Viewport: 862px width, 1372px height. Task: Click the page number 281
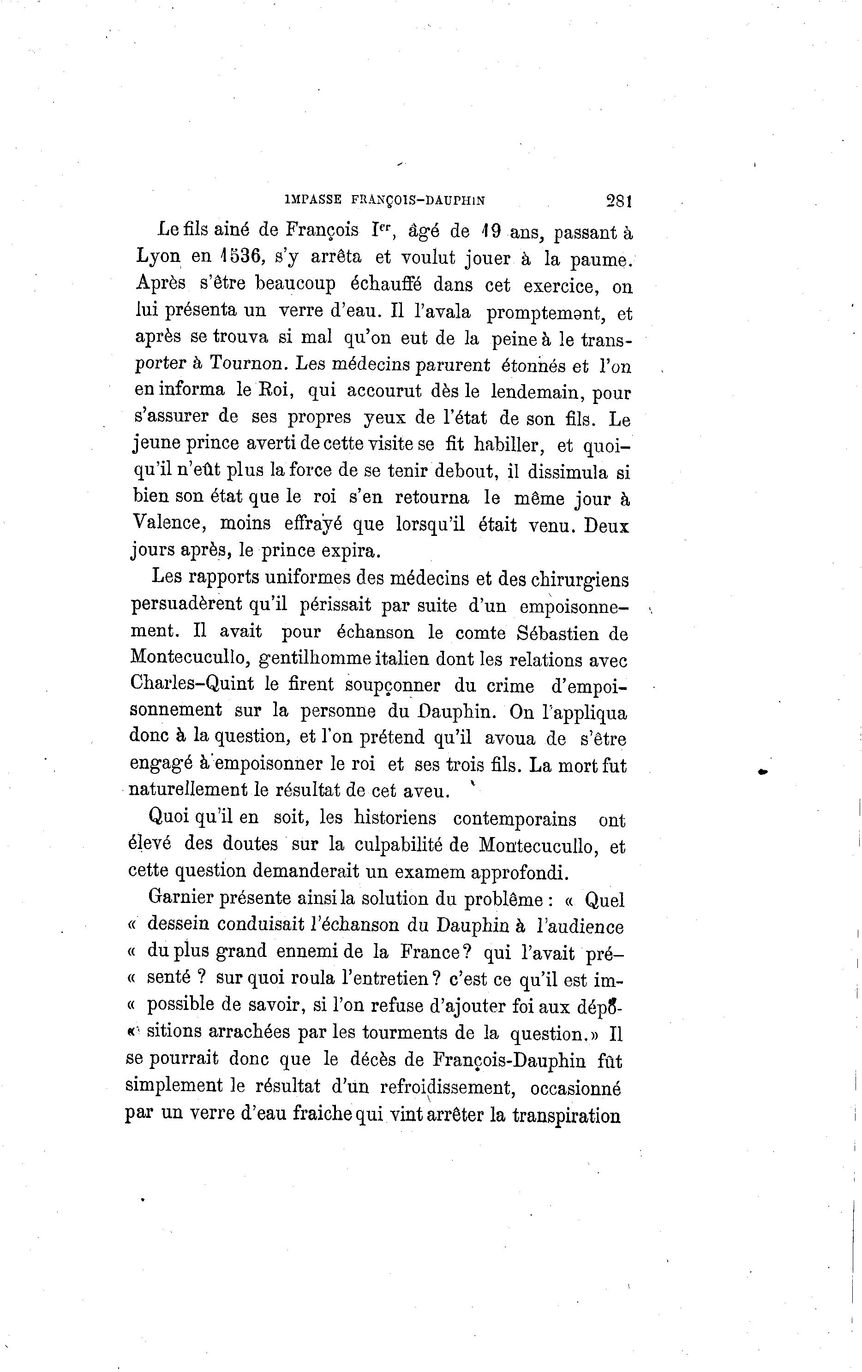tap(619, 201)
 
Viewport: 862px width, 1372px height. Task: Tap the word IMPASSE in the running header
tap(313, 200)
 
